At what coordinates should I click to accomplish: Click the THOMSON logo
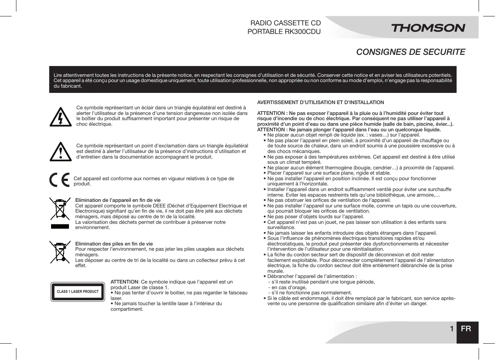pos(428,28)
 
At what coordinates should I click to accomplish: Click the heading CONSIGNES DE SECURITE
pos(411,52)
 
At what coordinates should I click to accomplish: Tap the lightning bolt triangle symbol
pos(60,117)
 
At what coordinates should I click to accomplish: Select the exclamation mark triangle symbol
pos(60,151)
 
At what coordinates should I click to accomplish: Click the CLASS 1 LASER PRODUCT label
pos(78,291)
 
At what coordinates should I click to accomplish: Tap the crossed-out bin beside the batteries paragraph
pos(60,252)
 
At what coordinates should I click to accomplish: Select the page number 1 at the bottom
pos(451,329)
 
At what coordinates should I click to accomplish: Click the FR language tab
pos(466,329)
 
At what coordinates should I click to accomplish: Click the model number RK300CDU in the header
pos(303,32)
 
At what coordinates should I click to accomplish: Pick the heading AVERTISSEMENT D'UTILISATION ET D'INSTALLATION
pos(321,102)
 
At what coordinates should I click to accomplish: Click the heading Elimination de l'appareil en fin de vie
pos(118,200)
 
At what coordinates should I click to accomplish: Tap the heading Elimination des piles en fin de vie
pos(114,244)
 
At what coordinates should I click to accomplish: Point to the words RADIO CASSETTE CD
pos(286,23)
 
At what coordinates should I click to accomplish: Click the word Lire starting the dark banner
pos(58,75)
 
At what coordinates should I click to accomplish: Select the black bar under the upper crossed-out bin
pos(60,226)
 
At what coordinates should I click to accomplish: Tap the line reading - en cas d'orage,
pos(287,287)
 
